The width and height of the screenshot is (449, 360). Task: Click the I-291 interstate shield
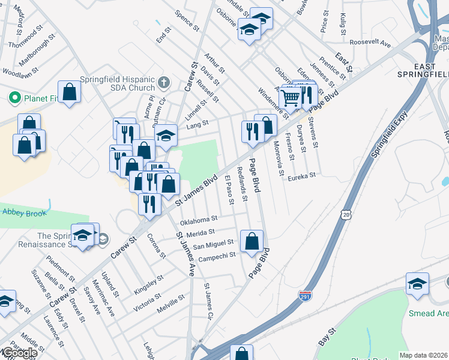(304, 295)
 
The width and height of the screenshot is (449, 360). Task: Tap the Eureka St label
(301, 177)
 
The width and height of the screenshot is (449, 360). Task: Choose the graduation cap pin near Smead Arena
(417, 283)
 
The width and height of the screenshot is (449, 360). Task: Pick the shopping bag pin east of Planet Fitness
(70, 92)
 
